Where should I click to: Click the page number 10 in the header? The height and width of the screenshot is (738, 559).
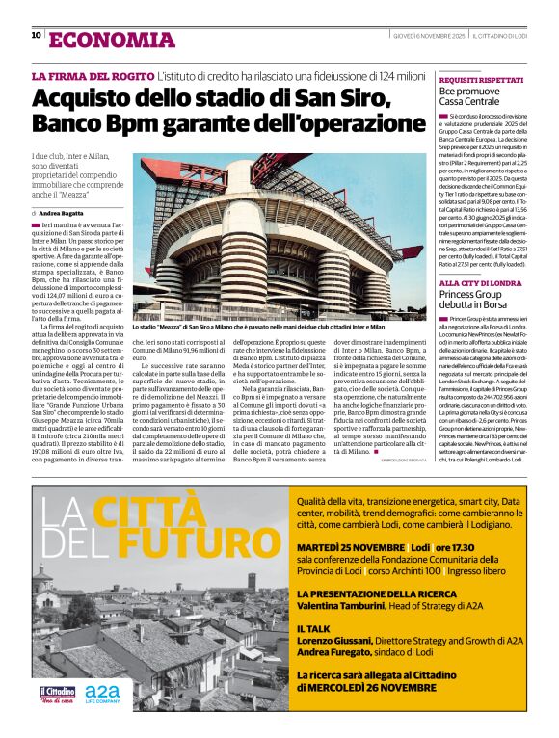[37, 37]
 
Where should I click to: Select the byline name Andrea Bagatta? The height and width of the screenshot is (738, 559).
[62, 212]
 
